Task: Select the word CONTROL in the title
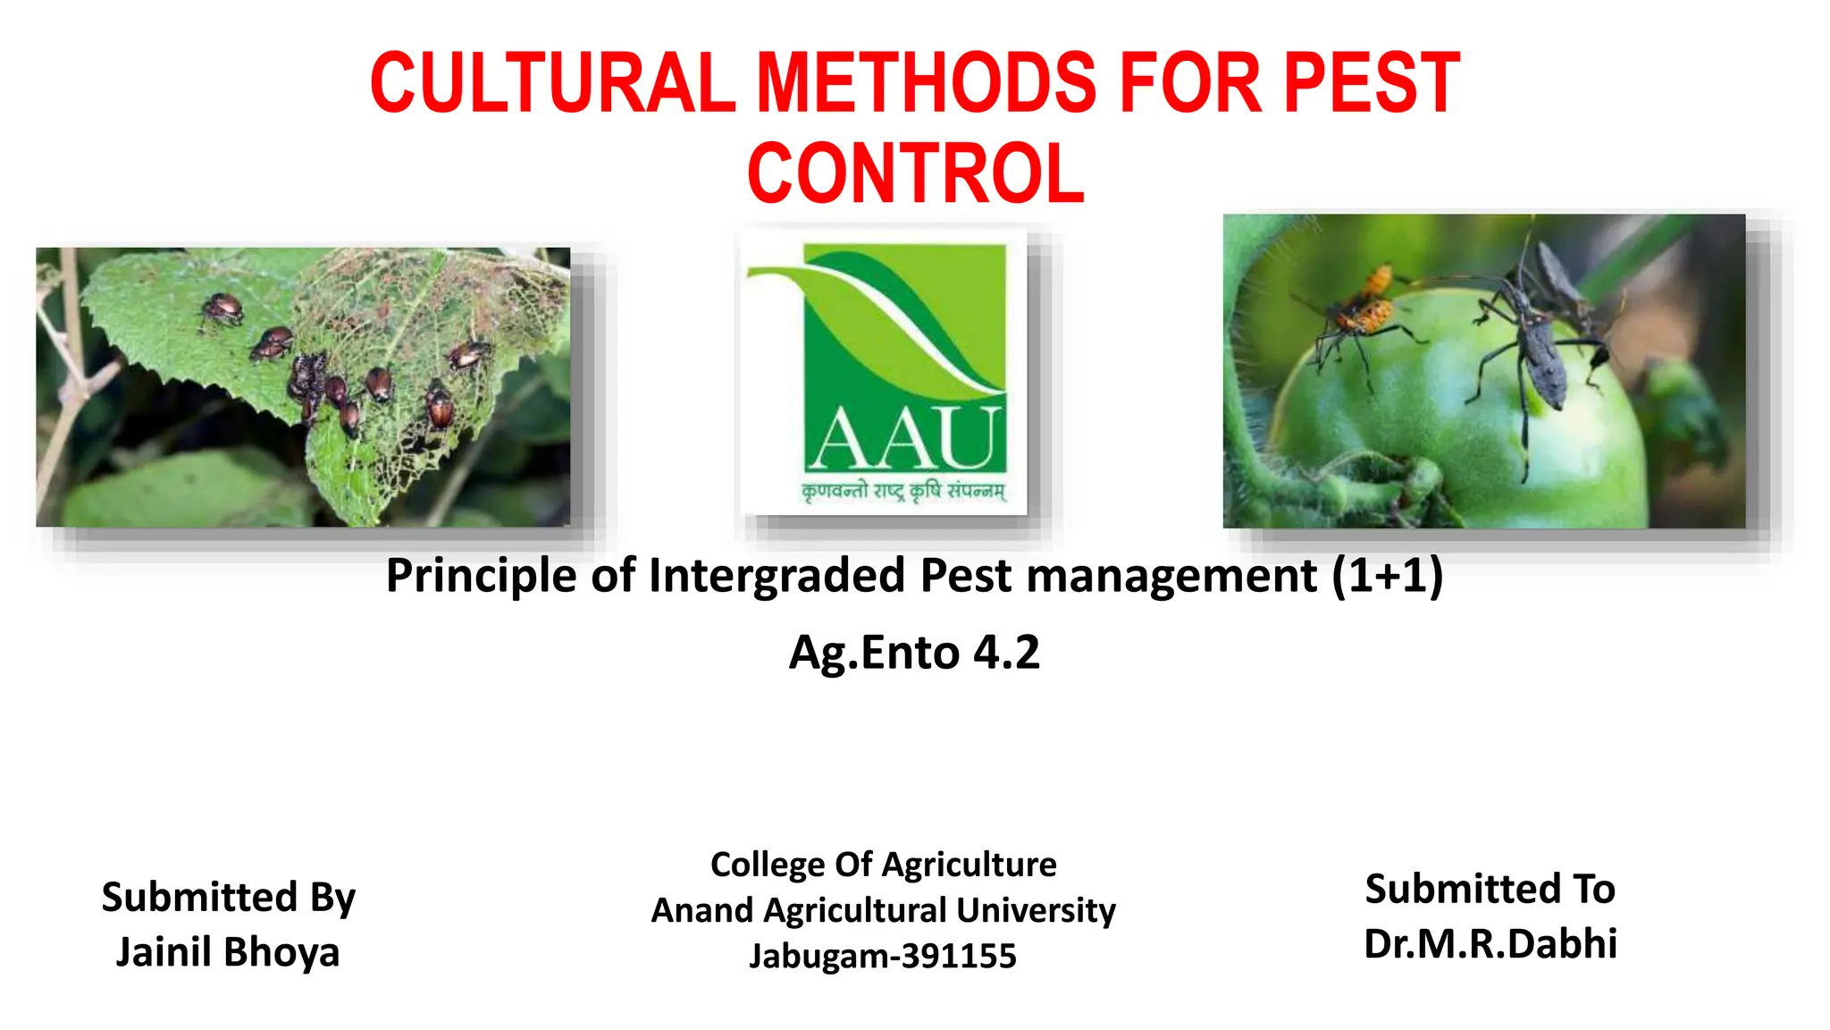915,173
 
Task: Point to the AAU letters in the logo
904,439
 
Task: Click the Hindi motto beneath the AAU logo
903,491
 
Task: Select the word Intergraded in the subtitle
776,575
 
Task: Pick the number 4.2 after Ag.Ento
1006,652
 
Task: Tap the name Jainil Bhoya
228,951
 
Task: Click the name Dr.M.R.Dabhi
1490,943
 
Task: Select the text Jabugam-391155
883,956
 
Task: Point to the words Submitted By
228,897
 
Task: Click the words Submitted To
1490,889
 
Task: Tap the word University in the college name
1036,910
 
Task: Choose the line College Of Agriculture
883,865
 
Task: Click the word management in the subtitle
1171,575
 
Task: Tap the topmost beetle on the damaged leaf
222,308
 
